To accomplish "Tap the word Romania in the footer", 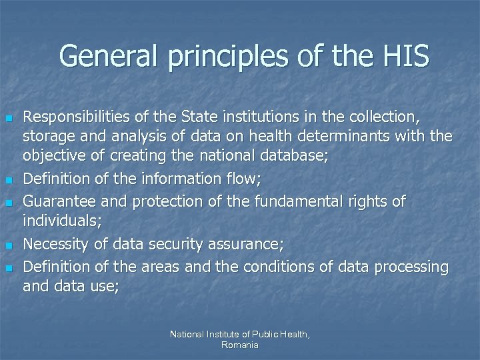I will coord(240,345).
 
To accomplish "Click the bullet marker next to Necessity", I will coord(9,246).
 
